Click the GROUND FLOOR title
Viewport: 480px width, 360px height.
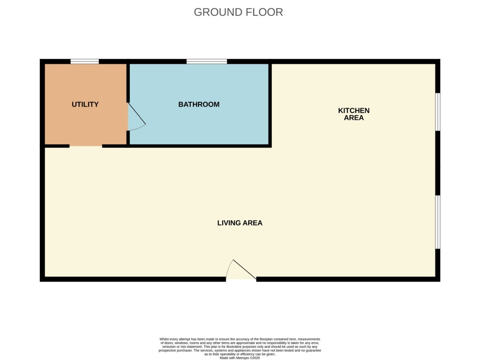click(238, 12)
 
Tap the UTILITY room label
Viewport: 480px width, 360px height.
click(85, 105)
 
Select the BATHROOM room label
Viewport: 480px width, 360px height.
click(199, 105)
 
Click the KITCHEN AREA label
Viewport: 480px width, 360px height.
click(354, 114)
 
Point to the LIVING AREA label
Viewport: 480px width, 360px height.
click(240, 223)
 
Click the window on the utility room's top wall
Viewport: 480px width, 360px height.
click(85, 61)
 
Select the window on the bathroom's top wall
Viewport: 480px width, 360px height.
click(207, 61)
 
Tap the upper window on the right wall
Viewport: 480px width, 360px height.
click(437, 112)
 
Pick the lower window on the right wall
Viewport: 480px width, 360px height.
click(437, 222)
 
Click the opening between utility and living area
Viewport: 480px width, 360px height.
click(86, 146)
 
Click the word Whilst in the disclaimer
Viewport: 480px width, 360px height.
click(165, 339)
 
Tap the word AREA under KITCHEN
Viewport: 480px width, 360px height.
click(354, 118)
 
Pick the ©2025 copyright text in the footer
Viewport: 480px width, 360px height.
click(255, 358)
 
